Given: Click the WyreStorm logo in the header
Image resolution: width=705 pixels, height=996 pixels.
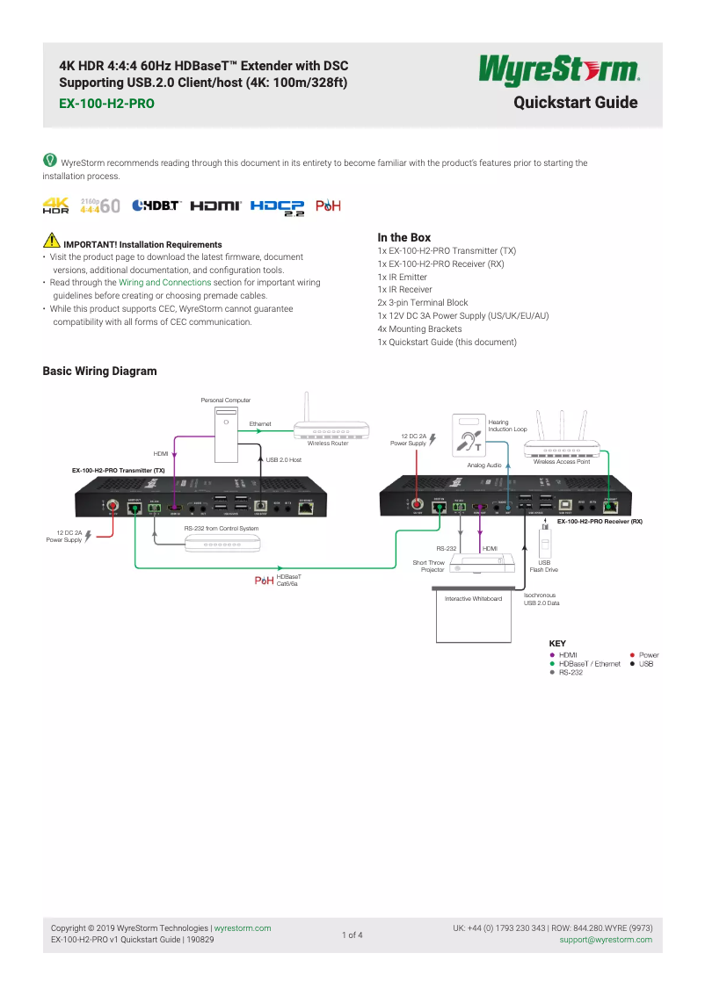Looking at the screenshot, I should click(x=559, y=70).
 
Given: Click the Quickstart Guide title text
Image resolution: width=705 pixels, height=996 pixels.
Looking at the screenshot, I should click(x=576, y=103).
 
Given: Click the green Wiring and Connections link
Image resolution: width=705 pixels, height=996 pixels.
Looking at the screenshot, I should click(x=164, y=283).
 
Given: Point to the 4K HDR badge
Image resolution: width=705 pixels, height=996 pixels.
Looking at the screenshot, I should click(x=55, y=206).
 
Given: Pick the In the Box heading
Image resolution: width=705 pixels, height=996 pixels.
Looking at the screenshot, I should click(x=403, y=237).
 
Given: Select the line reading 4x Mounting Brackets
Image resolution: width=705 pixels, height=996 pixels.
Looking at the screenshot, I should click(x=419, y=328).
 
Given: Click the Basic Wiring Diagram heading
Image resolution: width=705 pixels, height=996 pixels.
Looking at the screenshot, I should click(x=99, y=371).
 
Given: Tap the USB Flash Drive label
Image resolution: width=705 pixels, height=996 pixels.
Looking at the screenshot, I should click(x=543, y=566).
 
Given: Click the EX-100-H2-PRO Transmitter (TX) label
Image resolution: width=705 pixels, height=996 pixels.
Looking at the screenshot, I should click(x=118, y=471).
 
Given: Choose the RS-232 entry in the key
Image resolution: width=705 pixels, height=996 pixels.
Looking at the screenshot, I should click(x=571, y=672).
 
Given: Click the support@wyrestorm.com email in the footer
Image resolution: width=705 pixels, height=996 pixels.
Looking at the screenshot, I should click(x=606, y=939).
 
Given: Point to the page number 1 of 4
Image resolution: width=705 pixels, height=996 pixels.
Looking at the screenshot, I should click(x=352, y=935).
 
